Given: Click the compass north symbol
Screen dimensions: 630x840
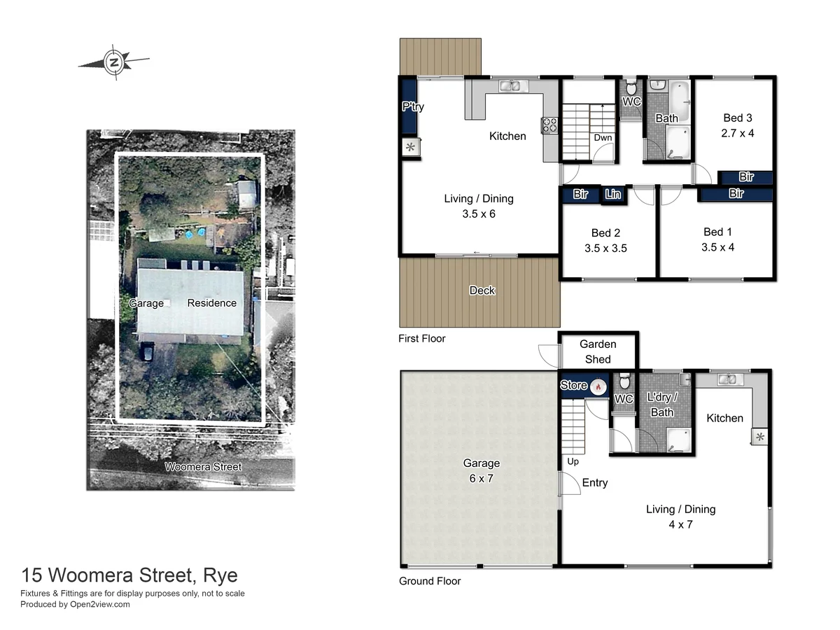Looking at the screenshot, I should click(113, 62).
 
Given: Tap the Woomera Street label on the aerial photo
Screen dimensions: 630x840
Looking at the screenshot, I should click(203, 467).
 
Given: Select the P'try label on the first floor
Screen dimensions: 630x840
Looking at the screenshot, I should click(412, 107).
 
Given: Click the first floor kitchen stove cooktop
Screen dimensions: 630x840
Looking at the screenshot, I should click(549, 125).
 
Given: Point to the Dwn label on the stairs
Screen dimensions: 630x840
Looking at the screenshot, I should click(603, 138).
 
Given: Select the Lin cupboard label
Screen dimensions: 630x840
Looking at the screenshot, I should click(613, 195).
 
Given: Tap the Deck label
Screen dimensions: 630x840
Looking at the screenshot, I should click(482, 290).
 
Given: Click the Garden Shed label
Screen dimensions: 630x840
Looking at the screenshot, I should click(598, 351).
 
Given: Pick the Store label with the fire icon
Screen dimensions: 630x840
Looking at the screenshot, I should click(574, 386).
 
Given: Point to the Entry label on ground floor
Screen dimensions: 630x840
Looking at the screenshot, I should click(594, 482).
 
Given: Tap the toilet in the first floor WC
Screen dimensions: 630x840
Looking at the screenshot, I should click(631, 89).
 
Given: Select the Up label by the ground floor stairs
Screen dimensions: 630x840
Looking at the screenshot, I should click(573, 461).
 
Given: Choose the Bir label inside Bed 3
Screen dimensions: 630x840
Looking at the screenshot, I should click(746, 177).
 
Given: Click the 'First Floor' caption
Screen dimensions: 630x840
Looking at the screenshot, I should click(421, 339).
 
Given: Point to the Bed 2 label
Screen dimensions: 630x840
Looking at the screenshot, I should click(606, 233).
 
